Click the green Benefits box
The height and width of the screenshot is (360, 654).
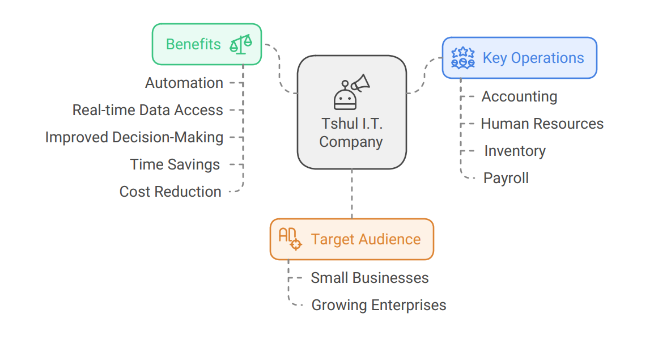(206, 44)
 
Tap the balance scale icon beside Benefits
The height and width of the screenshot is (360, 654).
(240, 44)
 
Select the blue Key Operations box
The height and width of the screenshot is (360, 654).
(519, 58)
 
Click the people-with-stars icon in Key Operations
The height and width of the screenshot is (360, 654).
(462, 58)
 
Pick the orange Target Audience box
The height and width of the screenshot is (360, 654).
(351, 239)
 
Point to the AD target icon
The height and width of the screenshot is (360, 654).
(290, 239)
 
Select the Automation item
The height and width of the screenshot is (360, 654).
(184, 83)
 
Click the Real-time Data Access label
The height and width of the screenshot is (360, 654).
(148, 110)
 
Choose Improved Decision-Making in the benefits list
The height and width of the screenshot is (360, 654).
(134, 137)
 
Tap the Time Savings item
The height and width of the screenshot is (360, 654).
(175, 164)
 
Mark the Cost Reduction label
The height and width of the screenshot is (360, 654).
(170, 192)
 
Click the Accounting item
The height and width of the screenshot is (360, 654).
(519, 96)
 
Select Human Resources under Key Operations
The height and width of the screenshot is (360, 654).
(542, 124)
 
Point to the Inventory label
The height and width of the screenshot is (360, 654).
(515, 151)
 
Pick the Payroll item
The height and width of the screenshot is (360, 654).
(506, 178)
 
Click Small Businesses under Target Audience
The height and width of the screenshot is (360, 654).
(370, 278)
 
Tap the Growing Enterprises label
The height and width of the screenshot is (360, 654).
(379, 305)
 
